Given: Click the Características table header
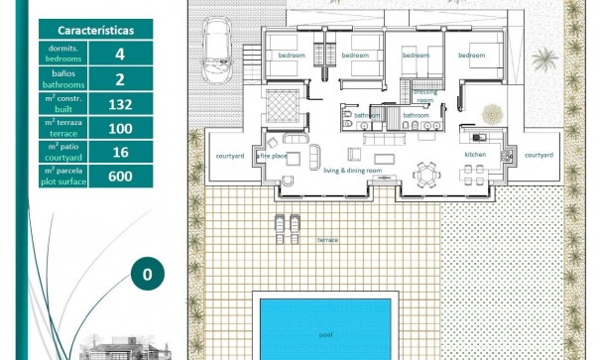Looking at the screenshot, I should [96, 31].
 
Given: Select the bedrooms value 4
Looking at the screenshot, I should [120, 55].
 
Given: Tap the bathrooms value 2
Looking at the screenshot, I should [120, 79].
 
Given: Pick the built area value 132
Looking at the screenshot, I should [120, 103].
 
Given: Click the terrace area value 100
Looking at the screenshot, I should [120, 127].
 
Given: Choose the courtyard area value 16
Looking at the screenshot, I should [120, 152].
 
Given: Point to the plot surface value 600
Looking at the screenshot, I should [120, 176].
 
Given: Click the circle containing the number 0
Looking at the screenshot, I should [147, 275].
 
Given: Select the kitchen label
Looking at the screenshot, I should [475, 155].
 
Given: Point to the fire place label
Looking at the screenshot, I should [272, 156].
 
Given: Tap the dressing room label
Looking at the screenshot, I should [424, 96].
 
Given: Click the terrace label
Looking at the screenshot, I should [326, 240].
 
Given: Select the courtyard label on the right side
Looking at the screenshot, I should [539, 155].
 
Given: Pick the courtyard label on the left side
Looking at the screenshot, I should [230, 156].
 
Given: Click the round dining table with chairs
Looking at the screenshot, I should [426, 174].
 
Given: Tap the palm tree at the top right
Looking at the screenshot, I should [543, 60].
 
